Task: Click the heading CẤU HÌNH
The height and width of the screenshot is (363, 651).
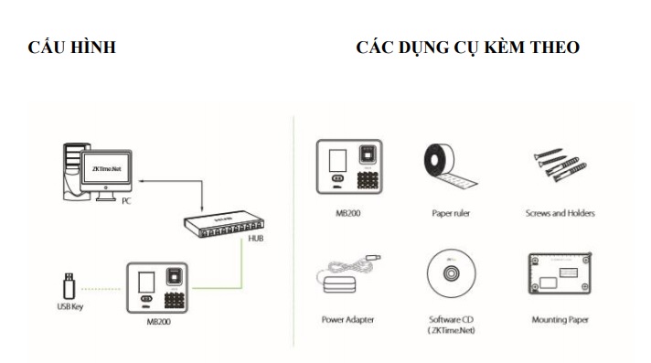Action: pyautogui.click(x=72, y=47)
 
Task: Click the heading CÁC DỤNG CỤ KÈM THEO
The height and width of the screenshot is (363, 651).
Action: pyautogui.click(x=467, y=47)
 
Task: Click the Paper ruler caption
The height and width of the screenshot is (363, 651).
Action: pyautogui.click(x=451, y=213)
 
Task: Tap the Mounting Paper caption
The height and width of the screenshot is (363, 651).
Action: pyautogui.click(x=560, y=320)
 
